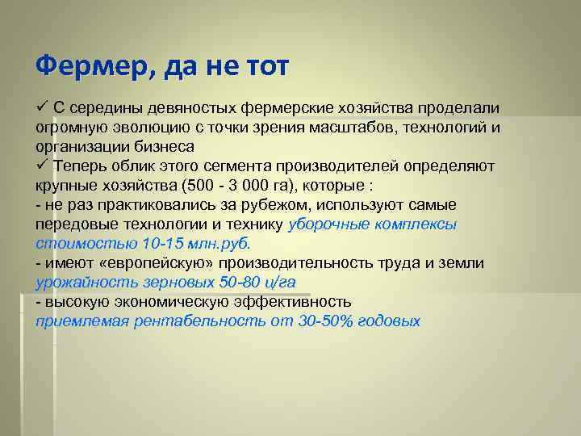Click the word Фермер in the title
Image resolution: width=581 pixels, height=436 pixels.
pos(86,65)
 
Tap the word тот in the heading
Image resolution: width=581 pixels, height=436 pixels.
pos(261,65)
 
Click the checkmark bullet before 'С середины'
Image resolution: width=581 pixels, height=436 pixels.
pos(42,108)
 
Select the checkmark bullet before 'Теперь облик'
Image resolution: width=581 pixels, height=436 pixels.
pos(42,166)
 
